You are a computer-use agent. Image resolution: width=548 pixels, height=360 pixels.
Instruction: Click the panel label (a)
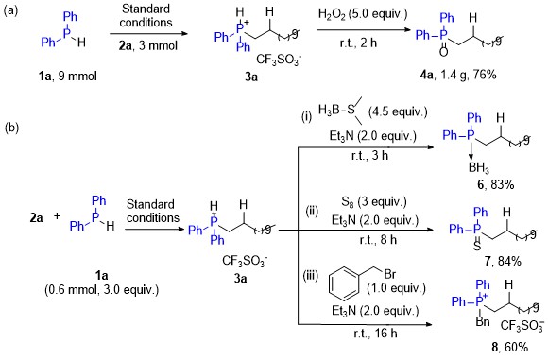pos(10,10)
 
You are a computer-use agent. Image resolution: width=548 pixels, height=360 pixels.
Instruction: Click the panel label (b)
pos(11,128)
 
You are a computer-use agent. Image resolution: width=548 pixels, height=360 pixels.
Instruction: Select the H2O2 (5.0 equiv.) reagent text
pos(363,14)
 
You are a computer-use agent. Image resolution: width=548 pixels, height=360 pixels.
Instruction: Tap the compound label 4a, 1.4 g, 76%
pos(458,75)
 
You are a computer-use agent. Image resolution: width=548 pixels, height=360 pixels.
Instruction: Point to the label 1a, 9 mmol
pos(67,76)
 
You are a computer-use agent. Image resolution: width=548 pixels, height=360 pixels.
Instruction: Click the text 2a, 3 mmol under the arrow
pos(147,45)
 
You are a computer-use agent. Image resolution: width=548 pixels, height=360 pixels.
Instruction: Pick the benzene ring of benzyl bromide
pos(344,283)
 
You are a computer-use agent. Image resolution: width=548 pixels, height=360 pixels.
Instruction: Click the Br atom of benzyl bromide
pos(389,274)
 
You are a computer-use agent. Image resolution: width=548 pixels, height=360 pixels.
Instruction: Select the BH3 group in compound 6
pos(479,168)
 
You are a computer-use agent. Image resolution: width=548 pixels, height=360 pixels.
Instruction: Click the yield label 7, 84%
pos(503,261)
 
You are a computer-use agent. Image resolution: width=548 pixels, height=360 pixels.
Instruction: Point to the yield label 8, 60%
pos(509,347)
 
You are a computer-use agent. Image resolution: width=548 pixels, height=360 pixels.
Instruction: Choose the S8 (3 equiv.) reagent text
pos(374,202)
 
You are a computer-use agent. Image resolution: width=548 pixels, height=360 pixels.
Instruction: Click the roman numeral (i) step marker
pos(306,116)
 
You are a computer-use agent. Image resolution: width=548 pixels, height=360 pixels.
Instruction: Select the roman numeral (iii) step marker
pos(310,276)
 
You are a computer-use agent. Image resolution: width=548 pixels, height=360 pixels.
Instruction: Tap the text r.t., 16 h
pos(375,334)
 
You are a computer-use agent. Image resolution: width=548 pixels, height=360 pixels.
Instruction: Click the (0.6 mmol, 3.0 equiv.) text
pos(101,290)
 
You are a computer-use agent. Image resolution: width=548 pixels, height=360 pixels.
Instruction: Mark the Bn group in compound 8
pos(483,321)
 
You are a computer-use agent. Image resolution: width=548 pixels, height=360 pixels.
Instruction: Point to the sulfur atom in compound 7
pos(477,246)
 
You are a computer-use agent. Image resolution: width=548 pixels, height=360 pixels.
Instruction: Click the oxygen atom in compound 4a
pos(443,52)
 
